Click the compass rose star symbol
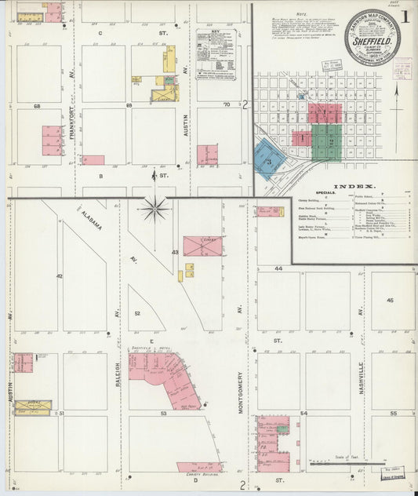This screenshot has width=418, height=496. click(x=154, y=209)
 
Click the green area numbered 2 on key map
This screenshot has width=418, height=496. click(x=327, y=141)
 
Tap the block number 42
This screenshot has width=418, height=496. click(x=59, y=276)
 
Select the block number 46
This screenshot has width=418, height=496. click(x=390, y=300)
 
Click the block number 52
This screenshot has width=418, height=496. click(x=136, y=313)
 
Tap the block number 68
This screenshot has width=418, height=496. click(x=37, y=105)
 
